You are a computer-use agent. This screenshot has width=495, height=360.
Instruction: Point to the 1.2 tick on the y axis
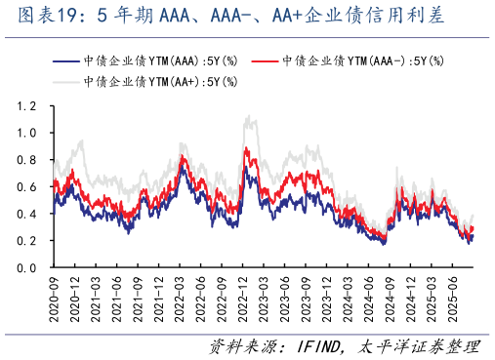pos(27,105)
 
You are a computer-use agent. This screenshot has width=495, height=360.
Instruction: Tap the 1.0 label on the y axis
pos(27,133)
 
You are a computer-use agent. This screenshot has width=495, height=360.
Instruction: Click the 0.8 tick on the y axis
pos(27,159)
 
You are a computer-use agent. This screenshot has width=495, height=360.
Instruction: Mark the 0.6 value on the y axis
pos(27,186)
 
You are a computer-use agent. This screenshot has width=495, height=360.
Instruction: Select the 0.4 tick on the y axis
pos(27,214)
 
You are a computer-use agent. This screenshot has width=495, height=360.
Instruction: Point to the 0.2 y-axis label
pos(27,240)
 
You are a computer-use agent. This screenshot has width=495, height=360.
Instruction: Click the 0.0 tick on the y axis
pos(27,267)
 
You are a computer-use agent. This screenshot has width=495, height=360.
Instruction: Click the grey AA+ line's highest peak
pos(252,116)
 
